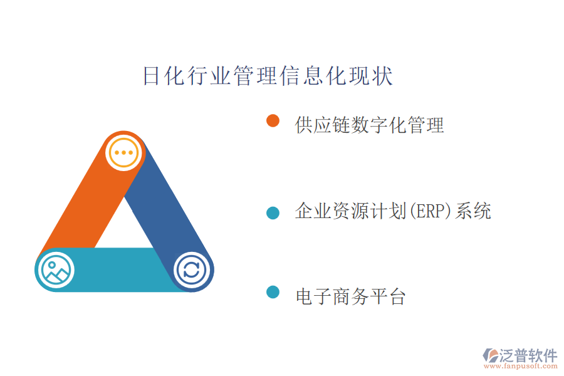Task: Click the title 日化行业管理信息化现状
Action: click(x=268, y=76)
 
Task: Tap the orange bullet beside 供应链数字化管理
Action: click(x=273, y=121)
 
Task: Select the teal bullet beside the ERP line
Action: click(x=273, y=212)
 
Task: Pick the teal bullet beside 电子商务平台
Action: click(x=273, y=292)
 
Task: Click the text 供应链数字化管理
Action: click(x=369, y=125)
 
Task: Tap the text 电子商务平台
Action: click(x=351, y=296)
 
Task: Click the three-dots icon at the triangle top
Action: click(x=123, y=152)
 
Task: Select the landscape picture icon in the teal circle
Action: click(x=56, y=270)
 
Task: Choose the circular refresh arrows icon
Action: click(x=191, y=270)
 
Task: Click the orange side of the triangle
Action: click(x=83, y=205)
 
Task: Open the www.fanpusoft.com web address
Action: click(x=521, y=366)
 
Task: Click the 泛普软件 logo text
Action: click(x=528, y=355)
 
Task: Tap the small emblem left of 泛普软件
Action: click(x=491, y=355)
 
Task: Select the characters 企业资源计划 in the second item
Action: click(x=351, y=211)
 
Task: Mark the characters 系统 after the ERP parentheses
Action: click(x=473, y=211)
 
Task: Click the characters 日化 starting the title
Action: click(x=164, y=76)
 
